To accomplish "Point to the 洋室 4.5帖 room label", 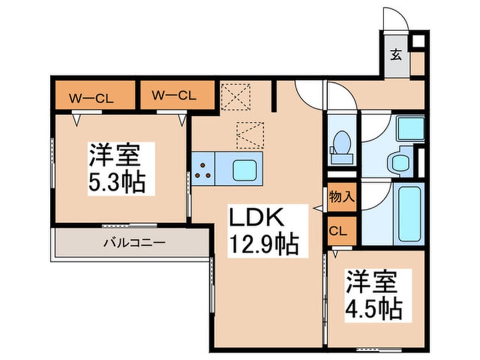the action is [x=374, y=296].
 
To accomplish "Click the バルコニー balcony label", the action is [x=133, y=243].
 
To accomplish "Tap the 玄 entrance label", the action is [x=397, y=56].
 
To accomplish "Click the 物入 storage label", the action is [x=342, y=198].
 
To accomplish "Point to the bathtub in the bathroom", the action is [x=408, y=213].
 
